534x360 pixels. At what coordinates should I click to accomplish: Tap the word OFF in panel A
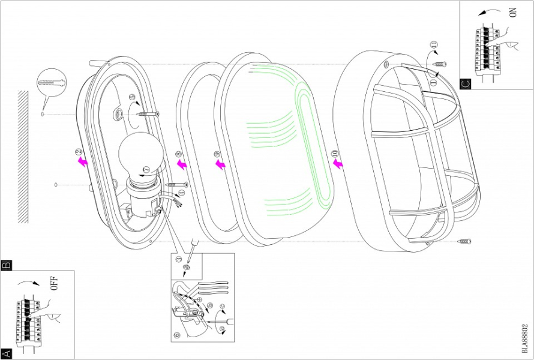pos(54,284)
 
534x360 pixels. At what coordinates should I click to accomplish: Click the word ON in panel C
pos(512,13)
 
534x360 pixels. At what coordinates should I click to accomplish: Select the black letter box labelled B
pos(7,264)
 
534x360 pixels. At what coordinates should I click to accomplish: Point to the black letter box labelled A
pos(7,354)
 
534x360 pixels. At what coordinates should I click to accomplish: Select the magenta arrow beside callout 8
pos(182,164)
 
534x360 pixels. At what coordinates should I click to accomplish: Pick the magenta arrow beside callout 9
pos(221,164)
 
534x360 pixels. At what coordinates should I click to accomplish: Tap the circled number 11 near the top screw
pos(434,44)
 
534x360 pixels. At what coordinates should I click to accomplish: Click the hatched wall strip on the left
pos(23,156)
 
